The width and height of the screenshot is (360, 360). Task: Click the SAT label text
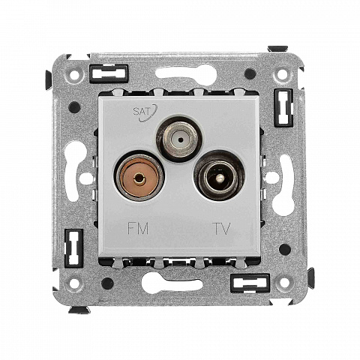pos(142,111)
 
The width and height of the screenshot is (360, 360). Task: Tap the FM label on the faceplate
pos(138,228)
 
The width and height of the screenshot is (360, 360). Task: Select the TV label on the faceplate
pos(221,229)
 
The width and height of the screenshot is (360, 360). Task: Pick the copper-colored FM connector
pos(139,178)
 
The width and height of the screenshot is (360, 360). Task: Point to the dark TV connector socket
pos(219,176)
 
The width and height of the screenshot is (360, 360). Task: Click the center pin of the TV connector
pos(219,178)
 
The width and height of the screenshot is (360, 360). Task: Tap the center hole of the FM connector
pos(138,178)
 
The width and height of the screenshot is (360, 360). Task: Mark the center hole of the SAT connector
pos(180,138)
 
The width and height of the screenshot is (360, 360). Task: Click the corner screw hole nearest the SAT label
pos(74,74)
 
